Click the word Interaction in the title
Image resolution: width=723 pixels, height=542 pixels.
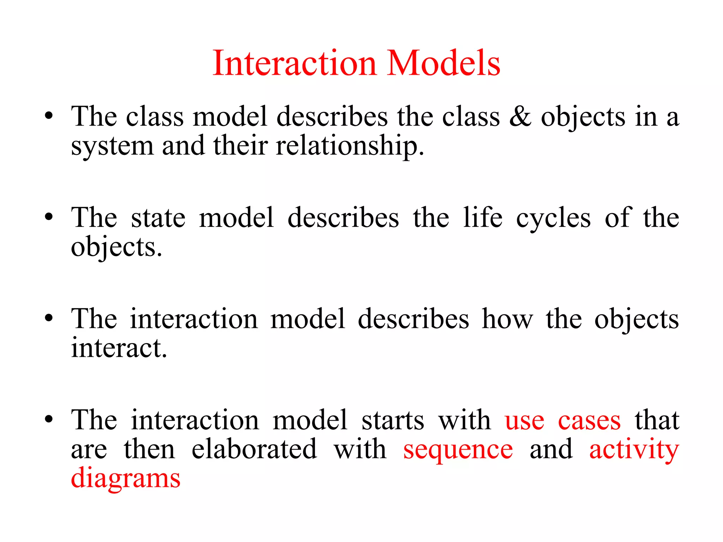pyautogui.click(x=295, y=64)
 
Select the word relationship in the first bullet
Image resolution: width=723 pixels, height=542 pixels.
pyautogui.click(x=349, y=146)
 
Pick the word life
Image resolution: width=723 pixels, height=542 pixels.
pyautogui.click(x=483, y=218)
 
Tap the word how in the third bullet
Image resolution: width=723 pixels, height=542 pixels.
pyautogui.click(x=507, y=319)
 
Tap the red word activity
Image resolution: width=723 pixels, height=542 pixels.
pyautogui.click(x=634, y=450)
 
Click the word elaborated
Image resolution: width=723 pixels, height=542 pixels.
pyautogui.click(x=254, y=450)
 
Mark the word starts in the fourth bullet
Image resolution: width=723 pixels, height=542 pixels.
pyautogui.click(x=393, y=421)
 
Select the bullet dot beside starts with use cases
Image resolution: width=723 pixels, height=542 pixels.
pyautogui.click(x=49, y=419)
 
